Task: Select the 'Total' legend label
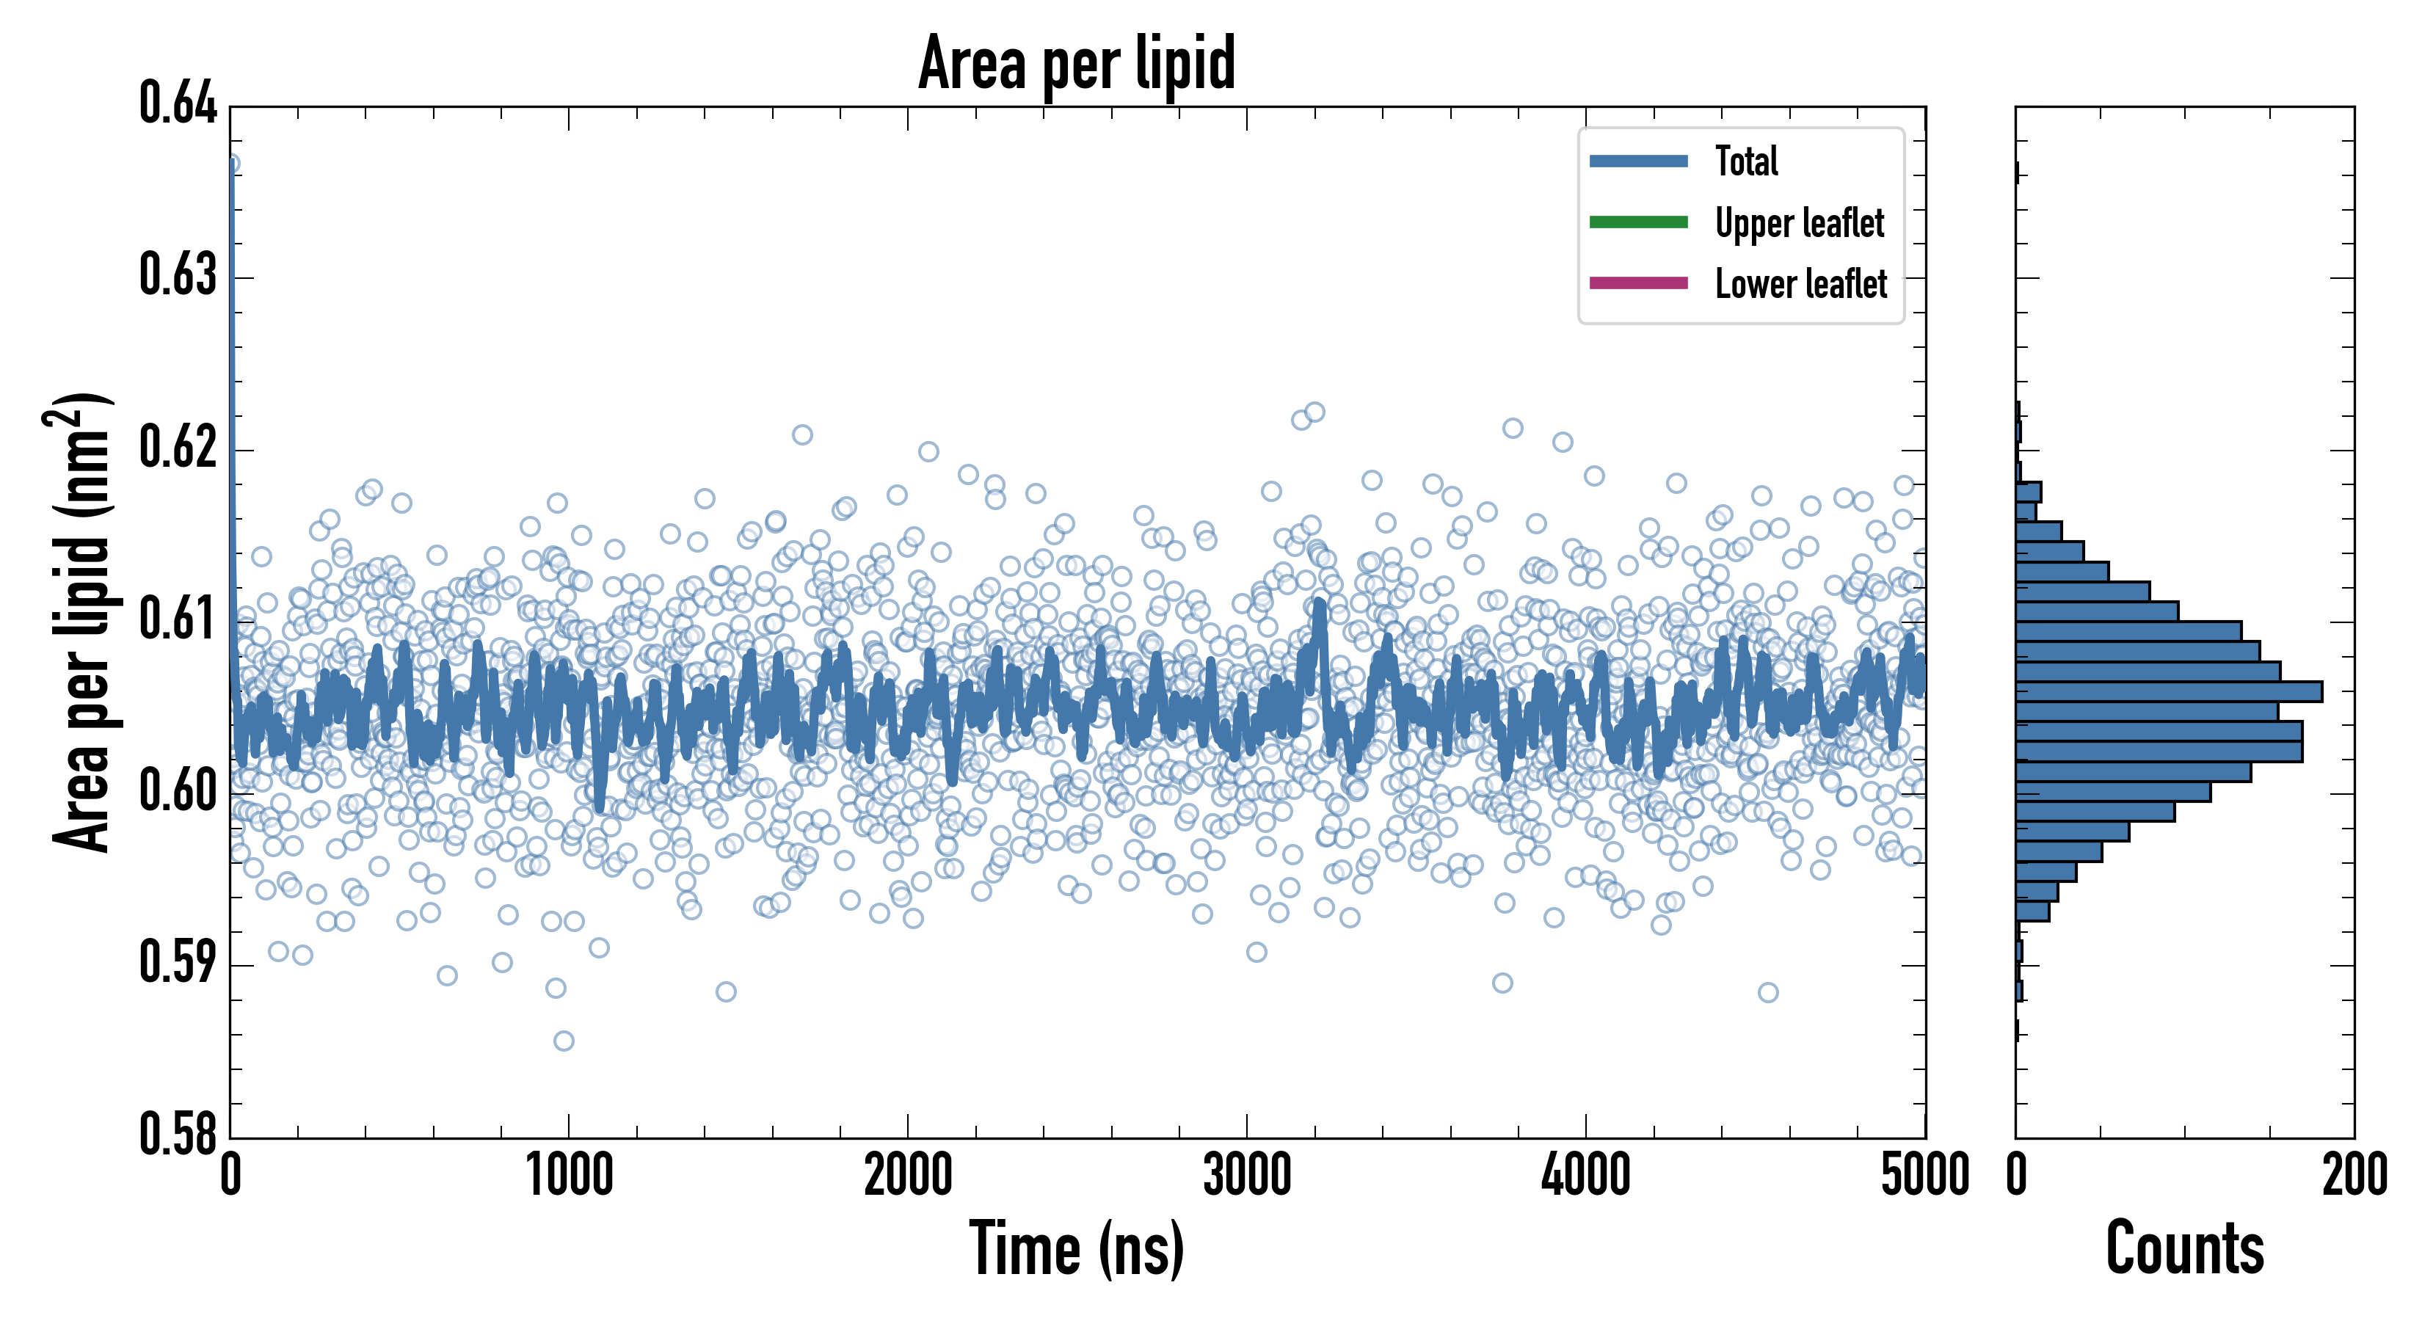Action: coord(1746,161)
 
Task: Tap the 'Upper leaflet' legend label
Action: coord(1799,223)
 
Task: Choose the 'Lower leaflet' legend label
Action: coord(1800,284)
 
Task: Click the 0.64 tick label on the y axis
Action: coord(178,103)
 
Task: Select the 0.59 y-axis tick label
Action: coord(178,963)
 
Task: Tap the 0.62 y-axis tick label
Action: coord(178,447)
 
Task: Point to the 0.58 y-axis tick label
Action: coord(178,1134)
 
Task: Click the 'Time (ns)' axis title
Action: coord(1077,1250)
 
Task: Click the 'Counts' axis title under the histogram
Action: coord(2184,1250)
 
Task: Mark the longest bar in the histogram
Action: coord(2168,692)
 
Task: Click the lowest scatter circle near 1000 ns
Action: coord(563,1041)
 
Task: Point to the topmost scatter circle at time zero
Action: coord(230,164)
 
